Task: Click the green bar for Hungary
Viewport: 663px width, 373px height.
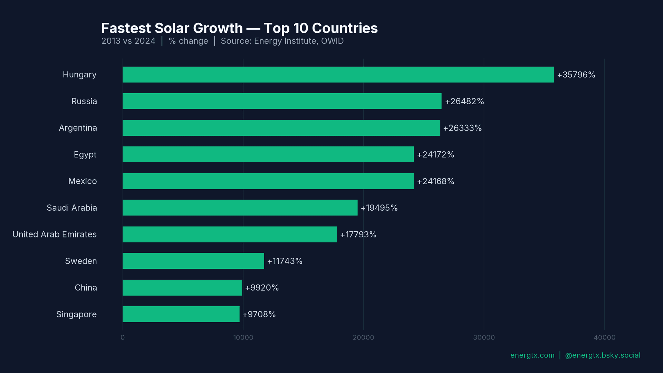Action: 338,75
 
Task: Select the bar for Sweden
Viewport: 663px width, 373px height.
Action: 193,261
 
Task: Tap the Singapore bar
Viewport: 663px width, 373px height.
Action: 181,314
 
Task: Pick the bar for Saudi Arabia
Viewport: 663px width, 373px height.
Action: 240,208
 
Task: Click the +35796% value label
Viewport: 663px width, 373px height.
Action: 576,75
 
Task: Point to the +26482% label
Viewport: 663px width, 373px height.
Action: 464,101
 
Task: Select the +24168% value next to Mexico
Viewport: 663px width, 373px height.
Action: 435,181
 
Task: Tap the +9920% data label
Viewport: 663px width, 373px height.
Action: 262,287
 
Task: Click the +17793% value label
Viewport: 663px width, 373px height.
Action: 358,234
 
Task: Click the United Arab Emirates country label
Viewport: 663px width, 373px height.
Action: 55,234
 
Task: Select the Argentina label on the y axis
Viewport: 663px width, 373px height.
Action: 78,128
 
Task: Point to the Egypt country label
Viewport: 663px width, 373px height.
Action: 85,154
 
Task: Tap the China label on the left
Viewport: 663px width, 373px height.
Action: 86,287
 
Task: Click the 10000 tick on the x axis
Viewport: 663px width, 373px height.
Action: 243,337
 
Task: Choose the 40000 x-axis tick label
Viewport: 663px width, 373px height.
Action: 604,337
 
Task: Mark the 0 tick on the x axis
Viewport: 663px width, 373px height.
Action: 123,337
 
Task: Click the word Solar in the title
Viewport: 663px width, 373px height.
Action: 199,28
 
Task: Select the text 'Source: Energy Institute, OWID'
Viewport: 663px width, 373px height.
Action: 282,41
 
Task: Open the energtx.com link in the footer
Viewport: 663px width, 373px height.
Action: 532,355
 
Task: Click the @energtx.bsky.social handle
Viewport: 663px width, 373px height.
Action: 603,355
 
